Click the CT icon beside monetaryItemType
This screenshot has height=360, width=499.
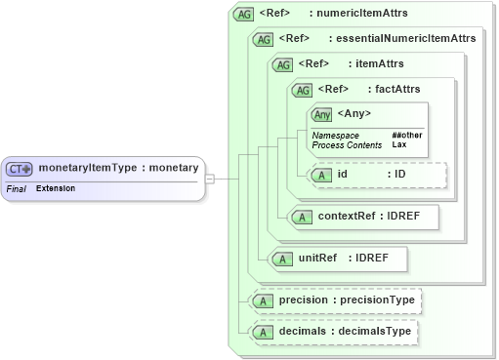coord(21,168)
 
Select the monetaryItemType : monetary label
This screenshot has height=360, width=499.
coord(118,168)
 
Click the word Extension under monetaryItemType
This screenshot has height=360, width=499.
coord(56,187)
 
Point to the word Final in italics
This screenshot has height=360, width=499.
coord(16,187)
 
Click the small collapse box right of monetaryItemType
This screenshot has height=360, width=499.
coord(209,179)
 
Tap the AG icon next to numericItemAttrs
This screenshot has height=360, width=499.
coord(244,15)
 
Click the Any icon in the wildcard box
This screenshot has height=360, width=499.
coord(322,115)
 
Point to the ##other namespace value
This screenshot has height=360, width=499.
coord(405,135)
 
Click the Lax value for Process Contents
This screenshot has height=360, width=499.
coord(399,144)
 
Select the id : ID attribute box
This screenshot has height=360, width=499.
coord(376,175)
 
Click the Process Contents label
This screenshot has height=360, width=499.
coord(345,144)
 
